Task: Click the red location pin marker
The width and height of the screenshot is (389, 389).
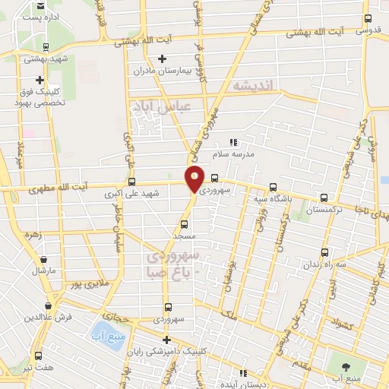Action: pos(194,178)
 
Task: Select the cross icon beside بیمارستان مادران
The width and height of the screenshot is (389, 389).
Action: pos(161,59)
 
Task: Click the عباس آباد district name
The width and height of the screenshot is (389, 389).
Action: pos(157,107)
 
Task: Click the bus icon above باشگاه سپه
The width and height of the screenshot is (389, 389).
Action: pos(273,188)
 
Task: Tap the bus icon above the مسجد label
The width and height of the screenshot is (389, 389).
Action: pos(183,224)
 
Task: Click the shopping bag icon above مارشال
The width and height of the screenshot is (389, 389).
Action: pos(40,258)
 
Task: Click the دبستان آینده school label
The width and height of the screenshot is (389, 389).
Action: pos(244,384)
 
